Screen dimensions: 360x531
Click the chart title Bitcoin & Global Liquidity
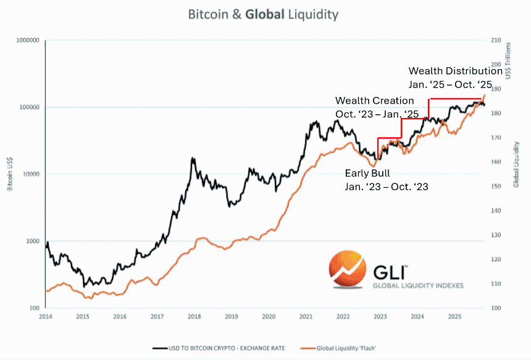264,14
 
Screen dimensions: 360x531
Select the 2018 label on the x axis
194,316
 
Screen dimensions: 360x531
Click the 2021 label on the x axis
306,316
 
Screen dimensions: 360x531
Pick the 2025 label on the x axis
454,316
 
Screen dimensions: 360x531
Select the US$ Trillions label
508,61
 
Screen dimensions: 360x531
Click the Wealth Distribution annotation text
455,71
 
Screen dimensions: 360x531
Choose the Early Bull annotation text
367,173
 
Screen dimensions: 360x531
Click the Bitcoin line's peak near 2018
193,159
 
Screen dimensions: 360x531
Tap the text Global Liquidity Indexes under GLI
417,285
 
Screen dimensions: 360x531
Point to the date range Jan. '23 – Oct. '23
387,185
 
